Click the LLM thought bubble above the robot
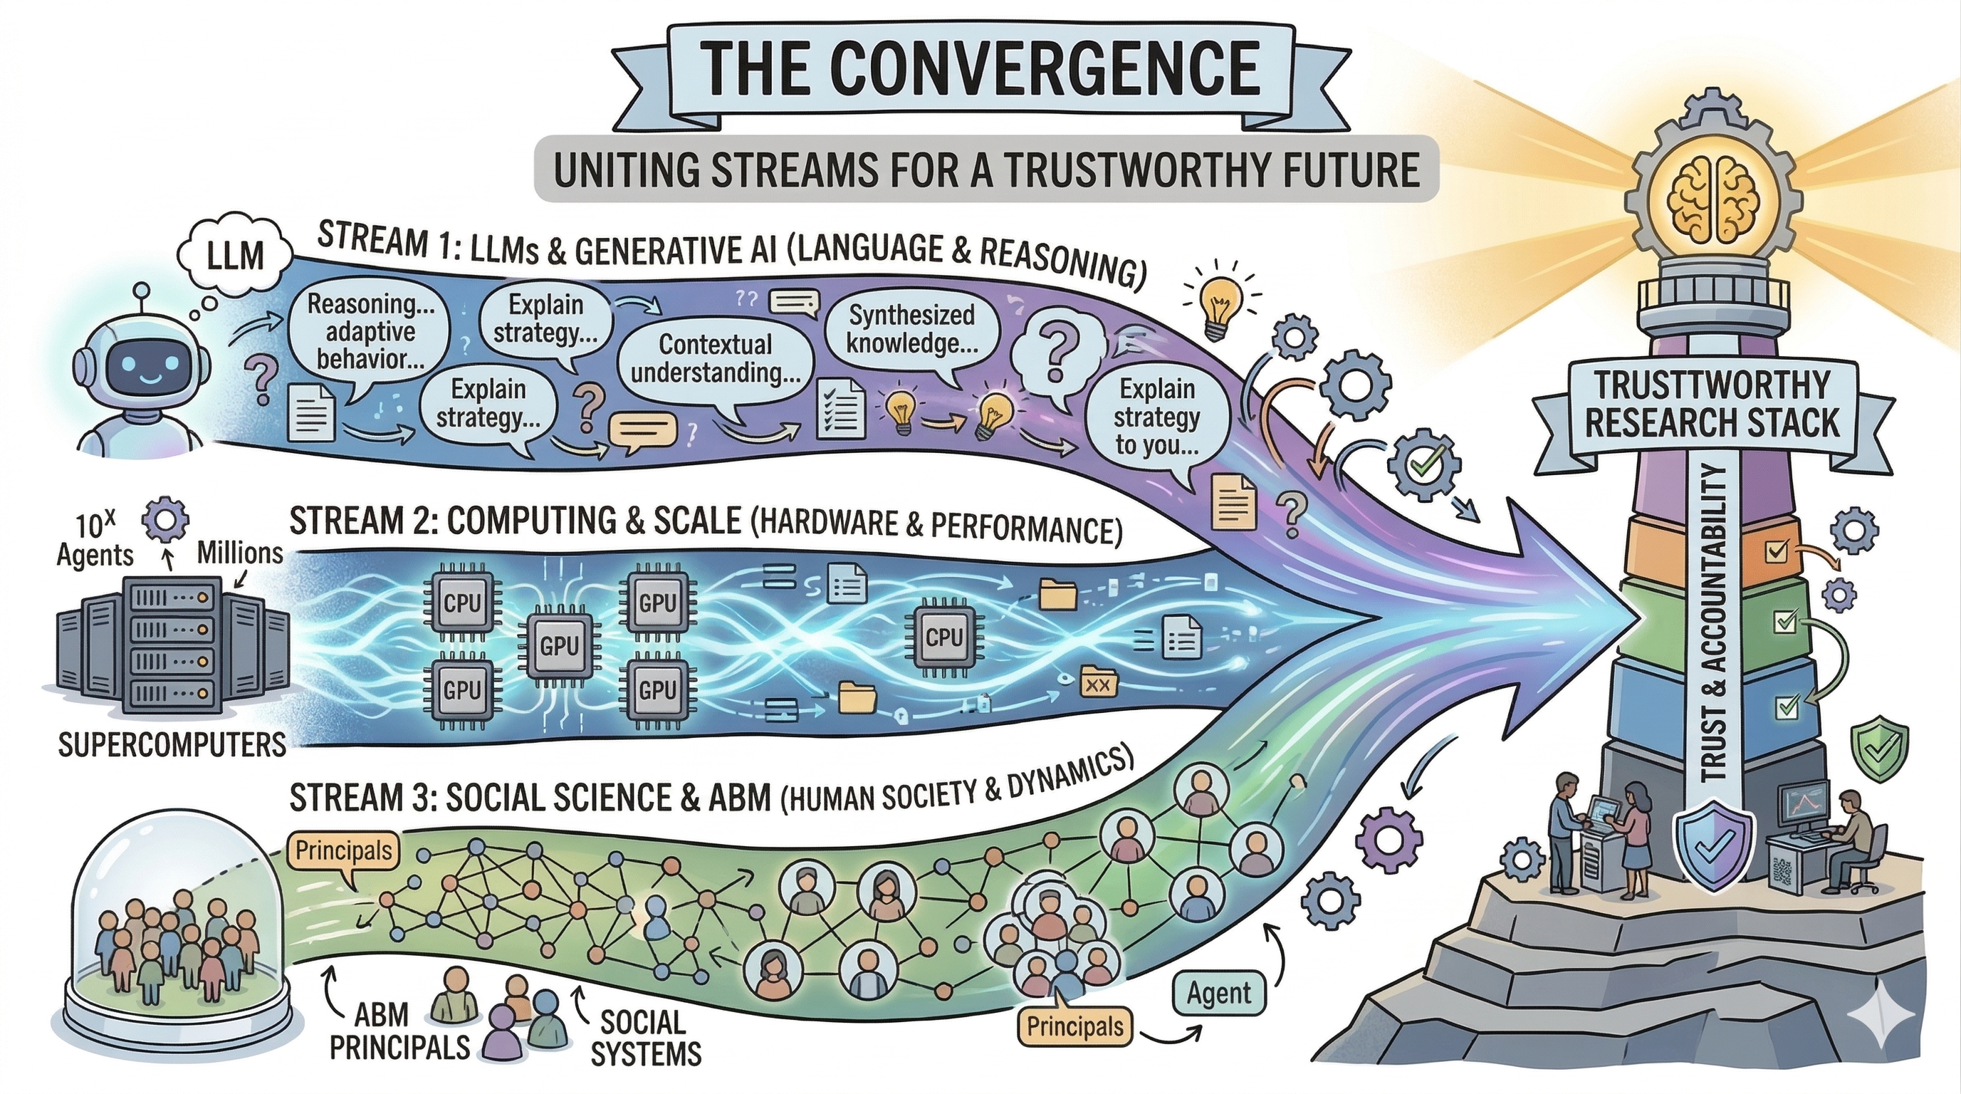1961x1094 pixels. pyautogui.click(x=234, y=255)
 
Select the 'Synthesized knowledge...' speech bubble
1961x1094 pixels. pyautogui.click(x=911, y=330)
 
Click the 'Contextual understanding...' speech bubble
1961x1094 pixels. pyautogui.click(x=715, y=358)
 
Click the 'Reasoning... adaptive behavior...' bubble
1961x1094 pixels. pyautogui.click(x=370, y=331)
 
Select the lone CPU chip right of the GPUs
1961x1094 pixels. pyautogui.click(x=945, y=636)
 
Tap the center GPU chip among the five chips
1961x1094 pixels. pyautogui.click(x=560, y=646)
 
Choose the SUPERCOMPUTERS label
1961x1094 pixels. pyautogui.click(x=172, y=744)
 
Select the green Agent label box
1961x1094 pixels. pyautogui.click(x=1219, y=994)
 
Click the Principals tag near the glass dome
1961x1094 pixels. pyautogui.click(x=343, y=850)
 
